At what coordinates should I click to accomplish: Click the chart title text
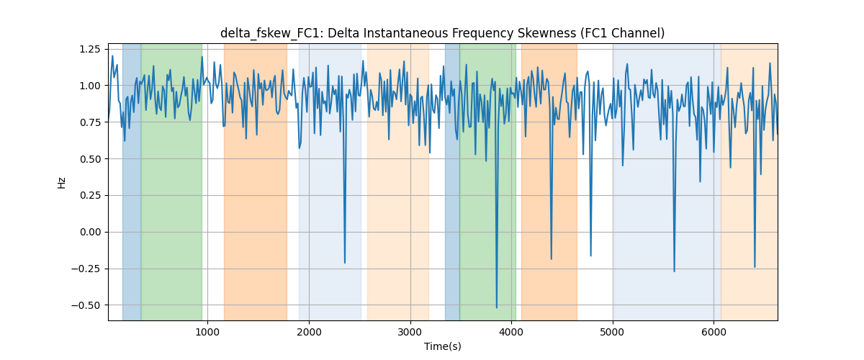(x=442, y=33)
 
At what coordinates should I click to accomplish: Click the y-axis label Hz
(x=61, y=183)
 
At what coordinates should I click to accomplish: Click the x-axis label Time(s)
(x=442, y=346)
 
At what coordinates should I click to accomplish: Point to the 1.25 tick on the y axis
(x=89, y=49)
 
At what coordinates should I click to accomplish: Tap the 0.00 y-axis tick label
(x=89, y=232)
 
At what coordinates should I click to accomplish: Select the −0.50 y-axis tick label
(x=86, y=305)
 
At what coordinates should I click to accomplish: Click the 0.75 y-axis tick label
(x=89, y=122)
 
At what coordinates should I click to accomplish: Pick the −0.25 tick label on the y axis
(x=86, y=269)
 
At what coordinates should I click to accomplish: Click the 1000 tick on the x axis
(x=207, y=332)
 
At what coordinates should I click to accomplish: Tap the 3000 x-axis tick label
(x=410, y=332)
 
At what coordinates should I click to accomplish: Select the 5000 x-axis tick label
(x=613, y=332)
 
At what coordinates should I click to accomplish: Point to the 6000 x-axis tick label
(x=714, y=332)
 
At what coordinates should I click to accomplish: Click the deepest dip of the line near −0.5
(x=496, y=307)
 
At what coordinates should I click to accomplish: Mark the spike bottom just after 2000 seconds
(x=344, y=263)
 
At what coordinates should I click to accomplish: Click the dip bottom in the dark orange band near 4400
(x=552, y=259)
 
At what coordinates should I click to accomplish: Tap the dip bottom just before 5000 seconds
(x=590, y=256)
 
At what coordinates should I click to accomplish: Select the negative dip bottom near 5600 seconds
(x=674, y=271)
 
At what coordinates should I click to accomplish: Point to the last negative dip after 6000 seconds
(x=755, y=267)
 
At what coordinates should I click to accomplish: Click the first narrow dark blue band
(x=132, y=181)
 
